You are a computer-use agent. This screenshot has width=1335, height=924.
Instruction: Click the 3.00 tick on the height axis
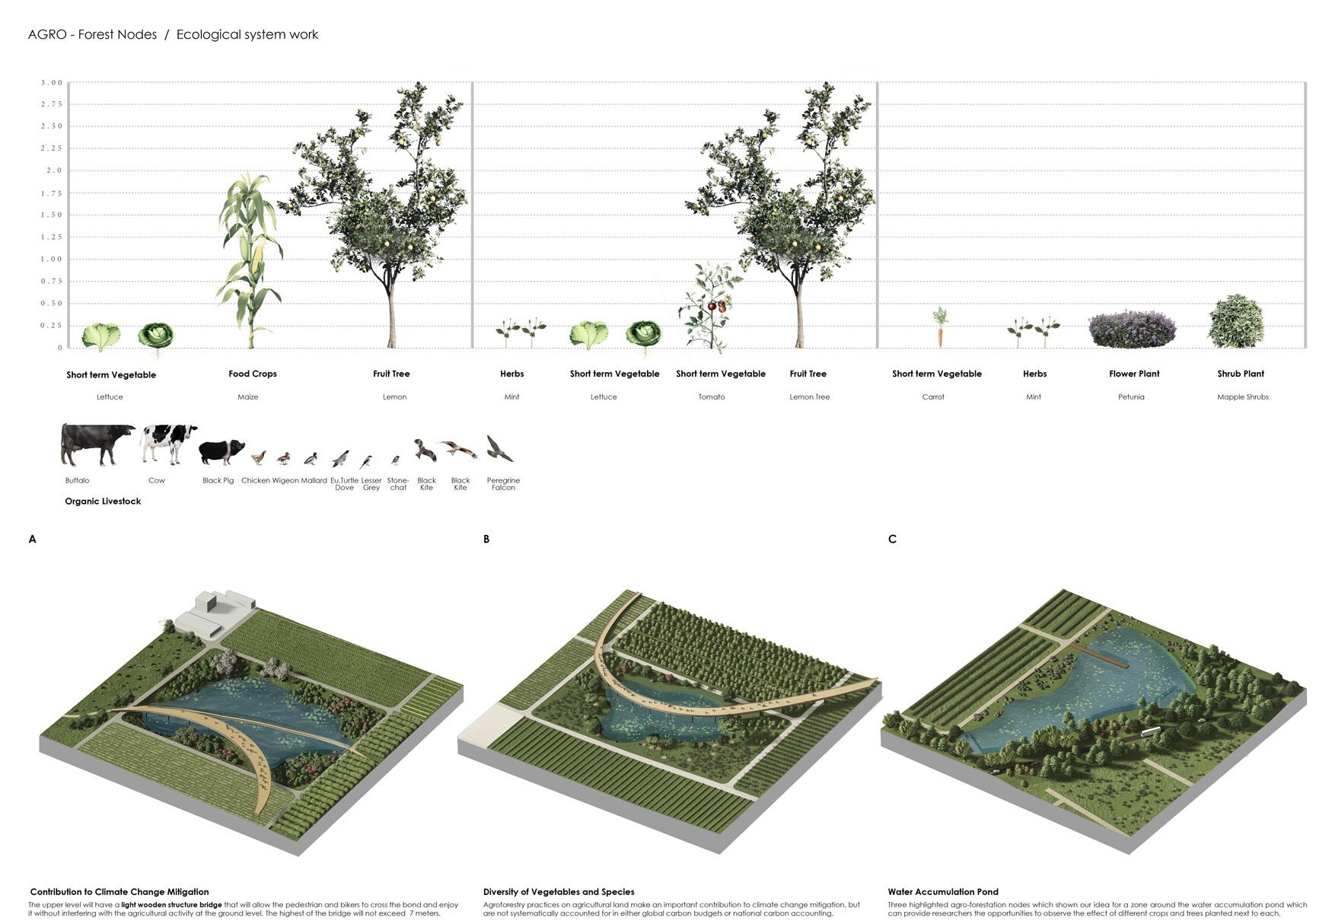click(x=52, y=82)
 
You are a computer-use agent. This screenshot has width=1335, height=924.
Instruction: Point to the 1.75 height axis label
click(x=52, y=193)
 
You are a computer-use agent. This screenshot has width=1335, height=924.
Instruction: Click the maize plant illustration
click(x=250, y=259)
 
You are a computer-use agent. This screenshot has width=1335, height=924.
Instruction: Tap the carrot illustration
click(x=940, y=327)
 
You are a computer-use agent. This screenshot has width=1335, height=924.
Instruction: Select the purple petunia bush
click(x=1132, y=329)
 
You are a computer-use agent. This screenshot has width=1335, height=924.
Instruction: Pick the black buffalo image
click(x=96, y=444)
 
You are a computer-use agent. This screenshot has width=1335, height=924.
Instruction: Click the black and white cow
click(x=168, y=443)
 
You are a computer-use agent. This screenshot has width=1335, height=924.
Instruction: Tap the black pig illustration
click(x=221, y=451)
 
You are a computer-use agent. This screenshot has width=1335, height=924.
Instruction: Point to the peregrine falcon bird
click(x=499, y=449)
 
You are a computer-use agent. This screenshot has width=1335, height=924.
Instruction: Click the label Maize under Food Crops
click(x=248, y=397)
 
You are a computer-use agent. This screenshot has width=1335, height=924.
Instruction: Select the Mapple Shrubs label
click(x=1242, y=397)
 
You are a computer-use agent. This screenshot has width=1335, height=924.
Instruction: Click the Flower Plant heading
click(x=1134, y=374)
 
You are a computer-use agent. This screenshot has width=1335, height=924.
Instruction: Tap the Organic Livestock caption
click(x=103, y=502)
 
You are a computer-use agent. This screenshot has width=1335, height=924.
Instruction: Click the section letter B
click(x=486, y=539)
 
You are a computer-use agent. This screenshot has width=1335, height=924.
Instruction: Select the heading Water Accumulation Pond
click(x=942, y=891)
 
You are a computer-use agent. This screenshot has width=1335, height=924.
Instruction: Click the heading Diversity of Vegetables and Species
click(x=558, y=891)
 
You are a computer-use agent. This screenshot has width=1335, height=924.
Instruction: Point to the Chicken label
click(x=255, y=480)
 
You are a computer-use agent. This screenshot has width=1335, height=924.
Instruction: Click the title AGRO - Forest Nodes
click(x=92, y=34)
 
